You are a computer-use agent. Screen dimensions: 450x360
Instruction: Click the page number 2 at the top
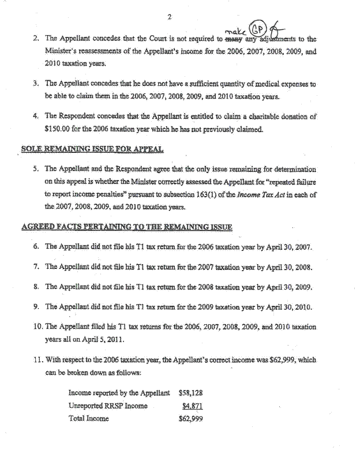(x=170, y=17)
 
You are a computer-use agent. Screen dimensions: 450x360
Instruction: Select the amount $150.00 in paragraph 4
(x=61, y=129)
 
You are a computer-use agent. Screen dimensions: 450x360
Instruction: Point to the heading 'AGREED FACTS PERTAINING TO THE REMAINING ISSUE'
(x=127, y=227)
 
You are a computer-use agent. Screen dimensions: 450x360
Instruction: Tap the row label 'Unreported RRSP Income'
(x=108, y=406)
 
